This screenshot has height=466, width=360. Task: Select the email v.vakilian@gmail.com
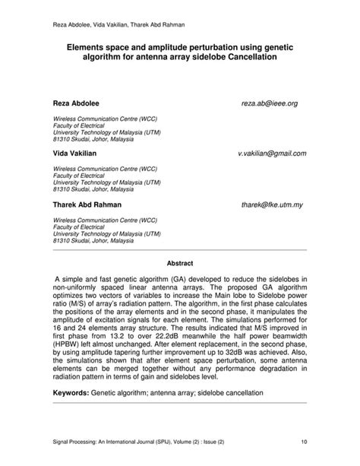(272, 153)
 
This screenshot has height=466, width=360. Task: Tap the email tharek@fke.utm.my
(272, 205)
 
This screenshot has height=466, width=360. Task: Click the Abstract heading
(181, 264)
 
